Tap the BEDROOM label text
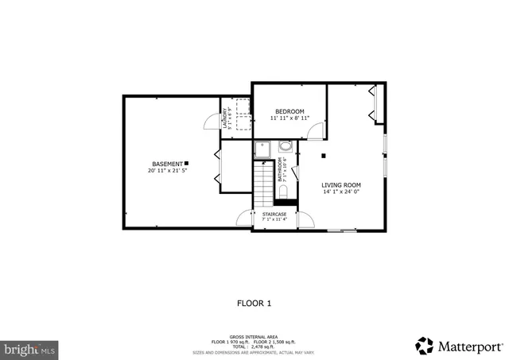pyautogui.click(x=289, y=111)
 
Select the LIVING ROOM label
pyautogui.click(x=341, y=184)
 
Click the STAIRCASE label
pyautogui.click(x=274, y=214)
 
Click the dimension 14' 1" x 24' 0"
pyautogui.click(x=341, y=192)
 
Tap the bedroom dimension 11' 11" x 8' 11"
pyautogui.click(x=289, y=118)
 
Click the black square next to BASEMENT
pyautogui.click(x=186, y=162)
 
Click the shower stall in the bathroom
pyautogui.click(x=263, y=149)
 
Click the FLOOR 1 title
pyautogui.click(x=254, y=303)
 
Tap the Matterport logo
pyautogui.click(x=459, y=346)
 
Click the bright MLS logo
pyautogui.click(x=29, y=349)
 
